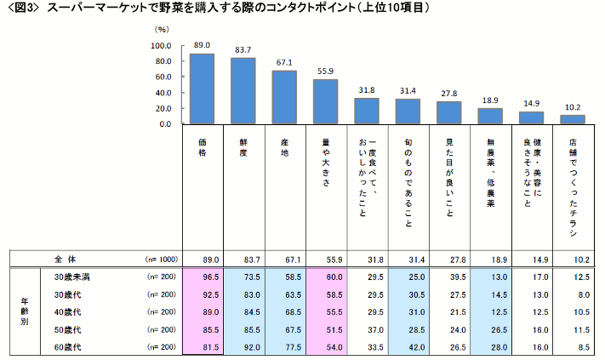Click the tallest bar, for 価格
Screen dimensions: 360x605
(x=202, y=89)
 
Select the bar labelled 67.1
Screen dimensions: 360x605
(x=284, y=97)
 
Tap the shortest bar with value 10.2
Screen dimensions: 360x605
(x=573, y=119)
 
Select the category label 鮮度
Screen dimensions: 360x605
(x=243, y=148)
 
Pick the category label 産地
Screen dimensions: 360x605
(x=284, y=148)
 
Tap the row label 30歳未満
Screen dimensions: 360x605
(x=71, y=277)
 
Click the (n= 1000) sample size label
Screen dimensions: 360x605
(x=161, y=259)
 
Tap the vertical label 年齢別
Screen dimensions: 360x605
(x=26, y=311)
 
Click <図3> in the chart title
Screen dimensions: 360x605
(x=21, y=8)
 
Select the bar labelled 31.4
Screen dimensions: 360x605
(x=408, y=111)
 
